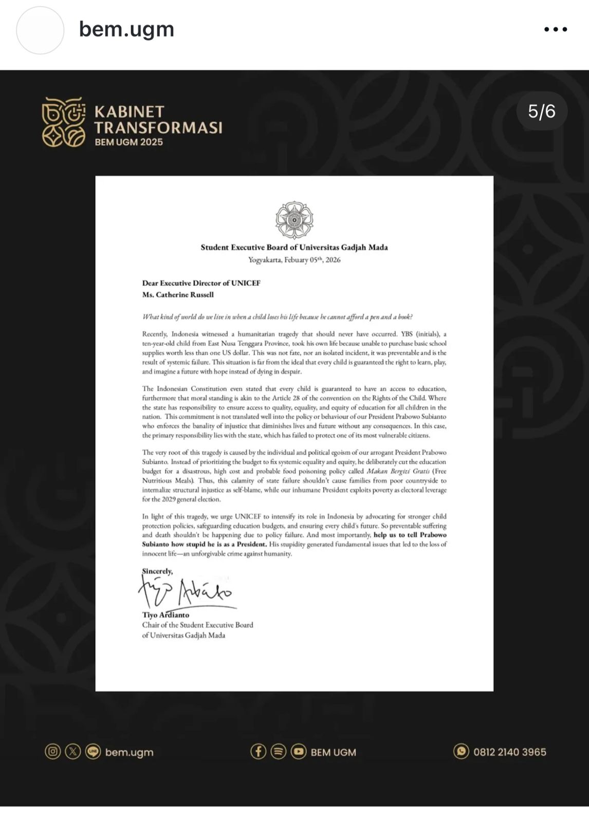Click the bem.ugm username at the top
point(126,30)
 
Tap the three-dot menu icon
point(556,30)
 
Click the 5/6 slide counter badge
point(542,111)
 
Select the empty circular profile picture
point(40,30)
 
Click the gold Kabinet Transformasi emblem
point(64,122)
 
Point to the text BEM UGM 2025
point(128,142)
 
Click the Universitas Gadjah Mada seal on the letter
point(294,220)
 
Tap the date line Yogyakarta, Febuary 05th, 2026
point(294,259)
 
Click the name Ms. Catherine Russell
point(178,295)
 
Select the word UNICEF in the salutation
point(246,283)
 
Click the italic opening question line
point(278,317)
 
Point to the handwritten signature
point(185,591)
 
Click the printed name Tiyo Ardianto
point(165,615)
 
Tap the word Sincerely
point(157,571)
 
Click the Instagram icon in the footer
point(52,752)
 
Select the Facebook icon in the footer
point(258,752)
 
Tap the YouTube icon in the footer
point(299,752)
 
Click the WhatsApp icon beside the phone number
point(461,752)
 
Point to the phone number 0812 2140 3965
point(509,752)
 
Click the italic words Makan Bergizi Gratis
point(398,471)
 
